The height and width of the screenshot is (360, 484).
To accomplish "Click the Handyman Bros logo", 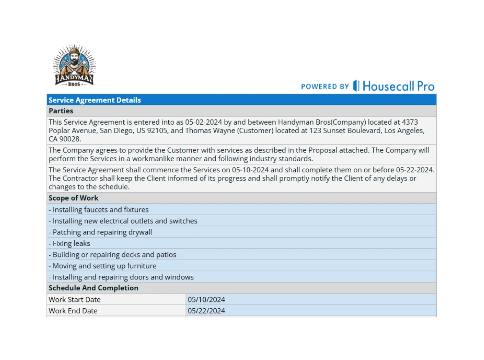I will (x=74, y=66).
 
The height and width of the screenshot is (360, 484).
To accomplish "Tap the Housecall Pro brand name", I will (x=398, y=86).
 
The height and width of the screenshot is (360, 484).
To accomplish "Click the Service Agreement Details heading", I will (x=95, y=100).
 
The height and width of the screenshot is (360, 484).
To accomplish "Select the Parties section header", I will (x=61, y=111).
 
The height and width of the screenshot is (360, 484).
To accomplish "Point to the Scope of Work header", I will (x=73, y=198).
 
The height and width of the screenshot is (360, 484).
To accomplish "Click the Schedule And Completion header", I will (x=93, y=288).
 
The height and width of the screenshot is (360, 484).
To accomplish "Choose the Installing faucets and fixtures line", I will (x=99, y=210).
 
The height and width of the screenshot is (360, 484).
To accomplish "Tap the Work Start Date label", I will (x=74, y=300).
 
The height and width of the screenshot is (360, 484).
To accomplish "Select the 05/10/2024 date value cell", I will (x=207, y=300).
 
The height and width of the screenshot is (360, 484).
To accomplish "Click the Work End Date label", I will (x=73, y=311).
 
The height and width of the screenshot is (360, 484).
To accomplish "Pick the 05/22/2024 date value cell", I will (x=207, y=311).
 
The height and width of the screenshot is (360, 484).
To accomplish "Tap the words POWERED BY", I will (x=325, y=86).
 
